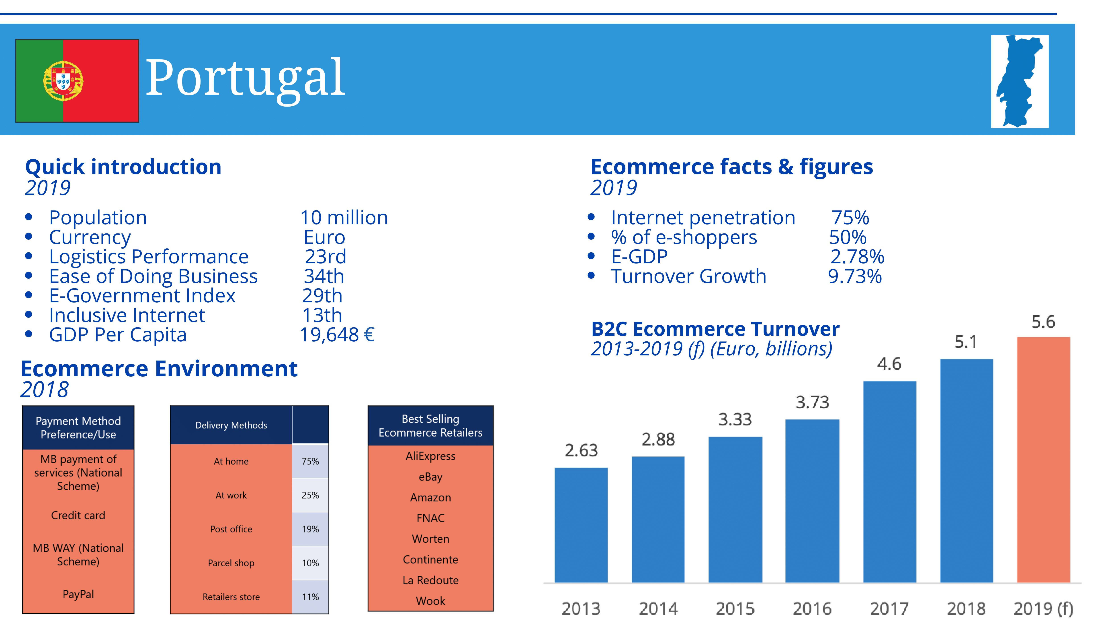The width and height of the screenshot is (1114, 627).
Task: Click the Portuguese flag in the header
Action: tap(77, 81)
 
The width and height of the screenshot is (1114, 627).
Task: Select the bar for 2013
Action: tap(581, 525)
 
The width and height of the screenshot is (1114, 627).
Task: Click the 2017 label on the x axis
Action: tap(889, 608)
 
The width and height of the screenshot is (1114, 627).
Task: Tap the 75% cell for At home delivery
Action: tap(310, 461)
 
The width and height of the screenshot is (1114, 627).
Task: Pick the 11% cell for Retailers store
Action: tap(310, 597)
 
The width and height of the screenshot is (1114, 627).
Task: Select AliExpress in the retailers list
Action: tap(430, 456)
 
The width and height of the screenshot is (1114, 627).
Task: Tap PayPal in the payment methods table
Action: tap(78, 594)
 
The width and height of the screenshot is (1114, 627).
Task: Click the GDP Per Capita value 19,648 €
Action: tap(337, 334)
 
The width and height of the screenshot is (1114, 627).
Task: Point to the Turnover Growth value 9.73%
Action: tap(854, 276)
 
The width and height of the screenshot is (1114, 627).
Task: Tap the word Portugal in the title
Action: tap(245, 78)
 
